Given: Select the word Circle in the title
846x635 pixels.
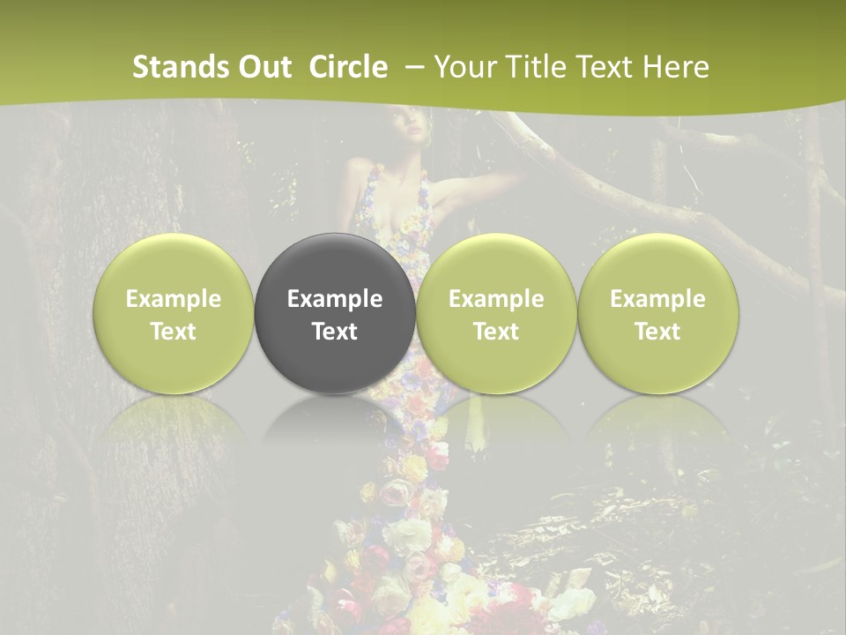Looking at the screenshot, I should pyautogui.click(x=348, y=67).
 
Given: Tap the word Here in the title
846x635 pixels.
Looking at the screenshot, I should pyautogui.click(x=676, y=67).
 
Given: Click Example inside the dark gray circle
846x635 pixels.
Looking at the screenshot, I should pyautogui.click(x=335, y=299).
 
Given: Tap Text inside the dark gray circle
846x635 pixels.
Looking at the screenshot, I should pyautogui.click(x=335, y=332).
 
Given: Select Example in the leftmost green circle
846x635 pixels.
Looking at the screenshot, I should pyautogui.click(x=174, y=299).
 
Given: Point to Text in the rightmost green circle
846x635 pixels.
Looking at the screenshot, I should pyautogui.click(x=658, y=332).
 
